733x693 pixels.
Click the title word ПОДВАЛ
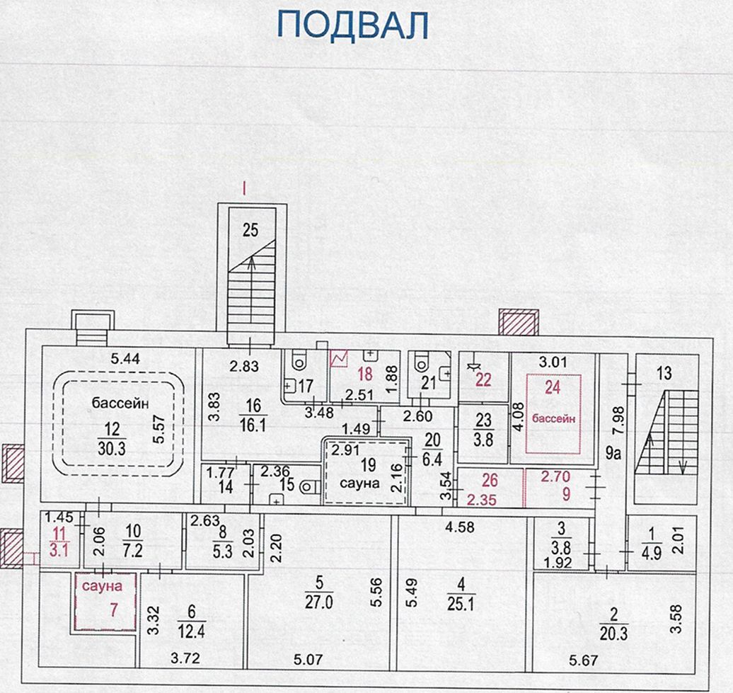[x=354, y=25]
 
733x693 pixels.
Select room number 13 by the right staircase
[x=666, y=374]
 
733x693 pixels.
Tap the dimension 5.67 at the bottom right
[x=584, y=662]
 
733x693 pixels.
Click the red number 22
[x=483, y=379]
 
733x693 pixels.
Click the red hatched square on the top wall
[x=517, y=322]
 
